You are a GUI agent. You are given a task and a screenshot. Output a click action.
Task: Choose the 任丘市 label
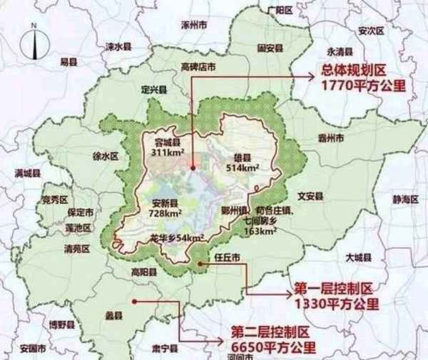[x=216, y=254]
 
